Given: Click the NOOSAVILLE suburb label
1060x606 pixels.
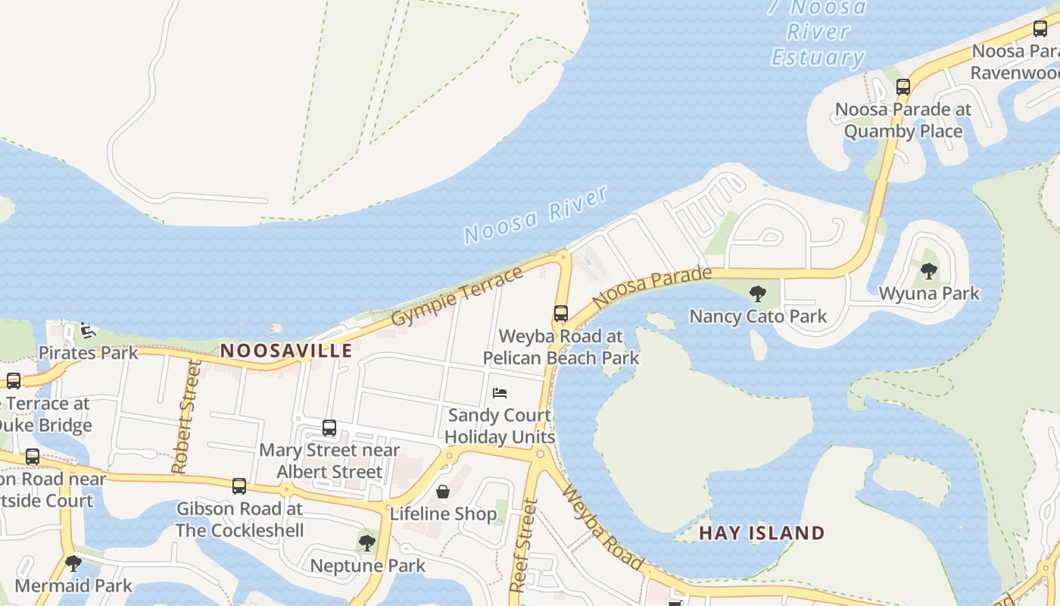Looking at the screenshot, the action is tap(286, 351).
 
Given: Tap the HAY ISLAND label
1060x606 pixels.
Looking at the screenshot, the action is tap(761, 533).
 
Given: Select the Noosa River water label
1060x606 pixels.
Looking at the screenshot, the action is tap(536, 214).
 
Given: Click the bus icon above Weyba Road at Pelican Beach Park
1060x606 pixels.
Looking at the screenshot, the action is tap(560, 314).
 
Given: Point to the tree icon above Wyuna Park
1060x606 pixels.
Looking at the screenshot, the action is tap(928, 271).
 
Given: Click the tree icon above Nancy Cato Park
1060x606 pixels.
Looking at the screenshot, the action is tap(757, 294).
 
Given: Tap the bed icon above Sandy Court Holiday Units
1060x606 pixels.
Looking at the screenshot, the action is tap(500, 393).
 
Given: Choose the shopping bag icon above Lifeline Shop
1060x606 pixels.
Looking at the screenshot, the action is tap(443, 492).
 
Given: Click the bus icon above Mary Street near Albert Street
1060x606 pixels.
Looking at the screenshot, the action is tap(329, 428).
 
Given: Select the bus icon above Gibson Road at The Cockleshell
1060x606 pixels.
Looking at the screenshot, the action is tap(239, 486).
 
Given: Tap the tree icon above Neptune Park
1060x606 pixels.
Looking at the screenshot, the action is tap(367, 543).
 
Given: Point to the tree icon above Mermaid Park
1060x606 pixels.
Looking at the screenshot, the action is tap(73, 564).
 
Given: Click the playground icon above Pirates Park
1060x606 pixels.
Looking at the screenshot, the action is tap(88, 330).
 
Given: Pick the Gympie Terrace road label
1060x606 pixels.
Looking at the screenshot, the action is tap(457, 296).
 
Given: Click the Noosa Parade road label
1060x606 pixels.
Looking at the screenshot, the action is tap(652, 287).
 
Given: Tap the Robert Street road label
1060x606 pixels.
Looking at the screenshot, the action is tap(186, 417).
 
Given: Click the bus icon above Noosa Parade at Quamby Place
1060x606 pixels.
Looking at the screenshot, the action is tap(903, 87).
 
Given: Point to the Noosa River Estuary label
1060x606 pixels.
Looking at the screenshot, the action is tap(818, 33).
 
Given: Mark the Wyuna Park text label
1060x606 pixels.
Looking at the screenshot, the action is tap(929, 293).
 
